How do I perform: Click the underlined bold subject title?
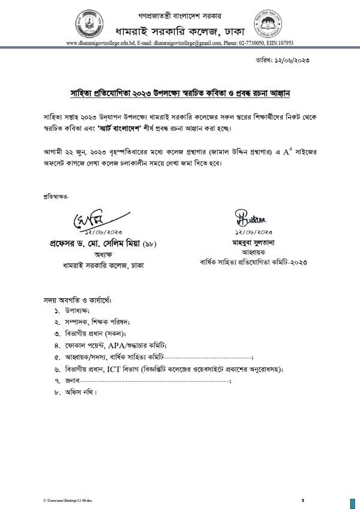pyautogui.click(x=178, y=94)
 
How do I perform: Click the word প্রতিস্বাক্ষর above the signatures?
pyautogui.click(x=56, y=196)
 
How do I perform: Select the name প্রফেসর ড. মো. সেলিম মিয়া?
pyautogui.click(x=87, y=244)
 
